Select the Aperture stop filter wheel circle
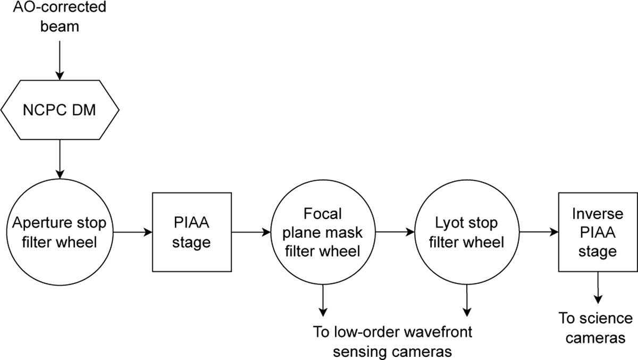pyautogui.click(x=60, y=232)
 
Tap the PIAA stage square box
pyautogui.click(x=192, y=232)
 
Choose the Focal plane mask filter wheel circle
pyautogui.click(x=323, y=232)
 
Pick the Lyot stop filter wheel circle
pyautogui.click(x=466, y=232)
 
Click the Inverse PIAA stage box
pyautogui.click(x=598, y=232)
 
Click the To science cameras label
pyautogui.click(x=595, y=328)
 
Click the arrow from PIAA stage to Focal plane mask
pyautogui.click(x=251, y=232)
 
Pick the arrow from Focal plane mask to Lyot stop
pyautogui.click(x=394, y=232)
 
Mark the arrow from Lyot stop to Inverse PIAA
pyautogui.click(x=538, y=232)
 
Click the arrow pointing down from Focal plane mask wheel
pyautogui.click(x=323, y=300)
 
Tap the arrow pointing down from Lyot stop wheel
pyautogui.click(x=466, y=300)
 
